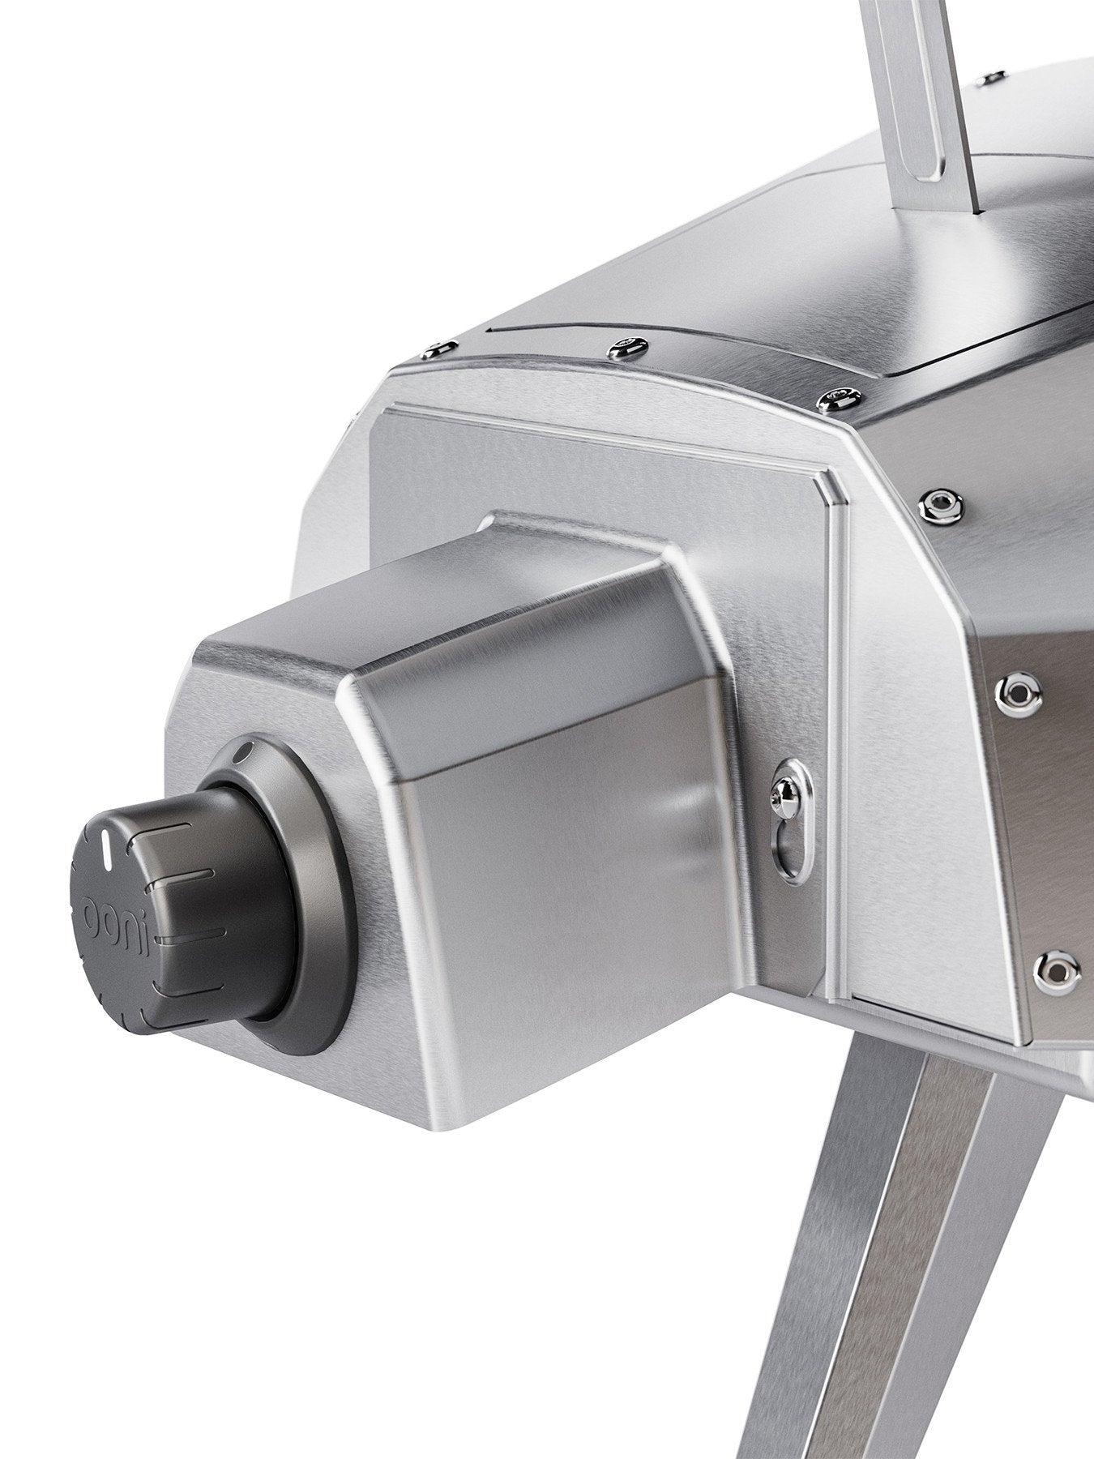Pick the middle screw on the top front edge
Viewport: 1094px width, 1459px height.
click(626, 349)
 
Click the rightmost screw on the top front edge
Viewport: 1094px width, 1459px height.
click(835, 396)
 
